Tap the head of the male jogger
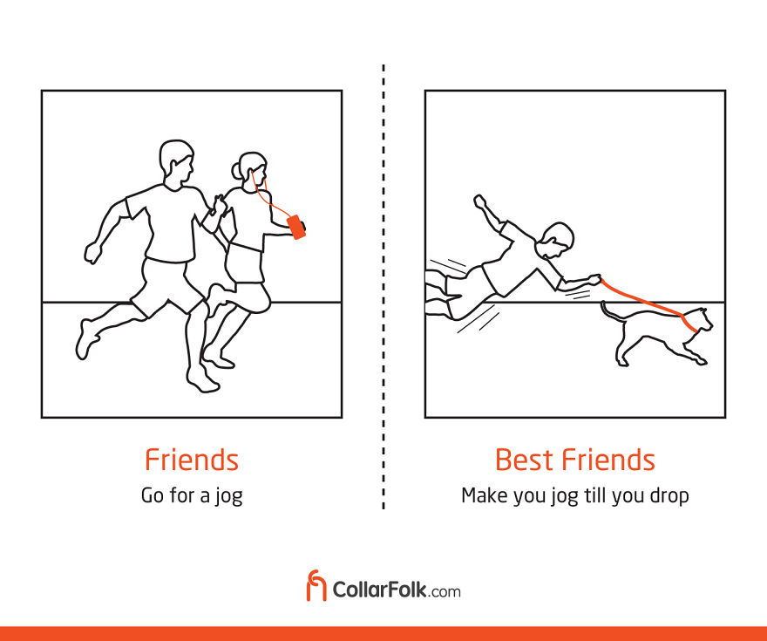pos(176,162)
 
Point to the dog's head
pos(700,320)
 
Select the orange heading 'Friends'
pos(191,460)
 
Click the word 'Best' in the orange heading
pos(526,460)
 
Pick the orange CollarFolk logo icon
pos(316,585)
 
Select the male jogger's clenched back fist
pos(92,253)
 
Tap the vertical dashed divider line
pos(383,288)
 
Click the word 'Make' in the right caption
pos(483,495)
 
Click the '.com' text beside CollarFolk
pos(445,591)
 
